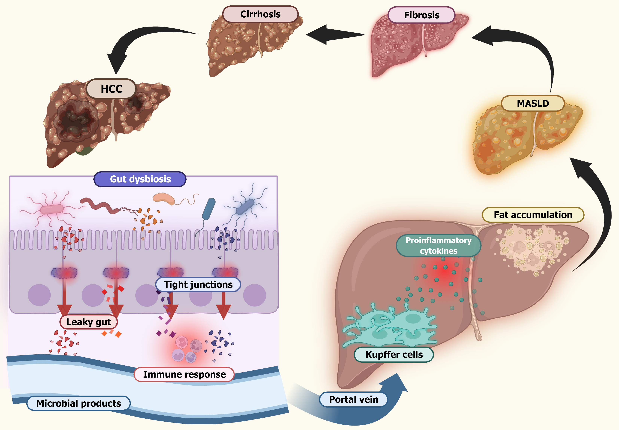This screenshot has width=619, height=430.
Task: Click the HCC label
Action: (111, 89)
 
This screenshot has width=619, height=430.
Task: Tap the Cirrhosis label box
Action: (260, 14)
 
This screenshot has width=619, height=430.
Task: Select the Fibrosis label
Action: (422, 15)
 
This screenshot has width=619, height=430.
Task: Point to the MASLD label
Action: (533, 104)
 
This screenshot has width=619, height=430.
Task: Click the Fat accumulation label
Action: (533, 215)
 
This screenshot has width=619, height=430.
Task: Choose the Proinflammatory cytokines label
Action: (439, 245)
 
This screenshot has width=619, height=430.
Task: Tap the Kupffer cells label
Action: (394, 355)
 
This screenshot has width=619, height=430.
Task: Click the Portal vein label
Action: (353, 399)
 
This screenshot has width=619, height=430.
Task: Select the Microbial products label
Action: (78, 403)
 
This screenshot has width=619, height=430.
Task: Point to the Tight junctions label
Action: (198, 285)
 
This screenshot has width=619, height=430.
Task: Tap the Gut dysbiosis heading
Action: (140, 179)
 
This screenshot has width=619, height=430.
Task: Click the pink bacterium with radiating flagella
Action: (52, 209)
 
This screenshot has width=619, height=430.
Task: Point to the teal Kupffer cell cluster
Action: (391, 327)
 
